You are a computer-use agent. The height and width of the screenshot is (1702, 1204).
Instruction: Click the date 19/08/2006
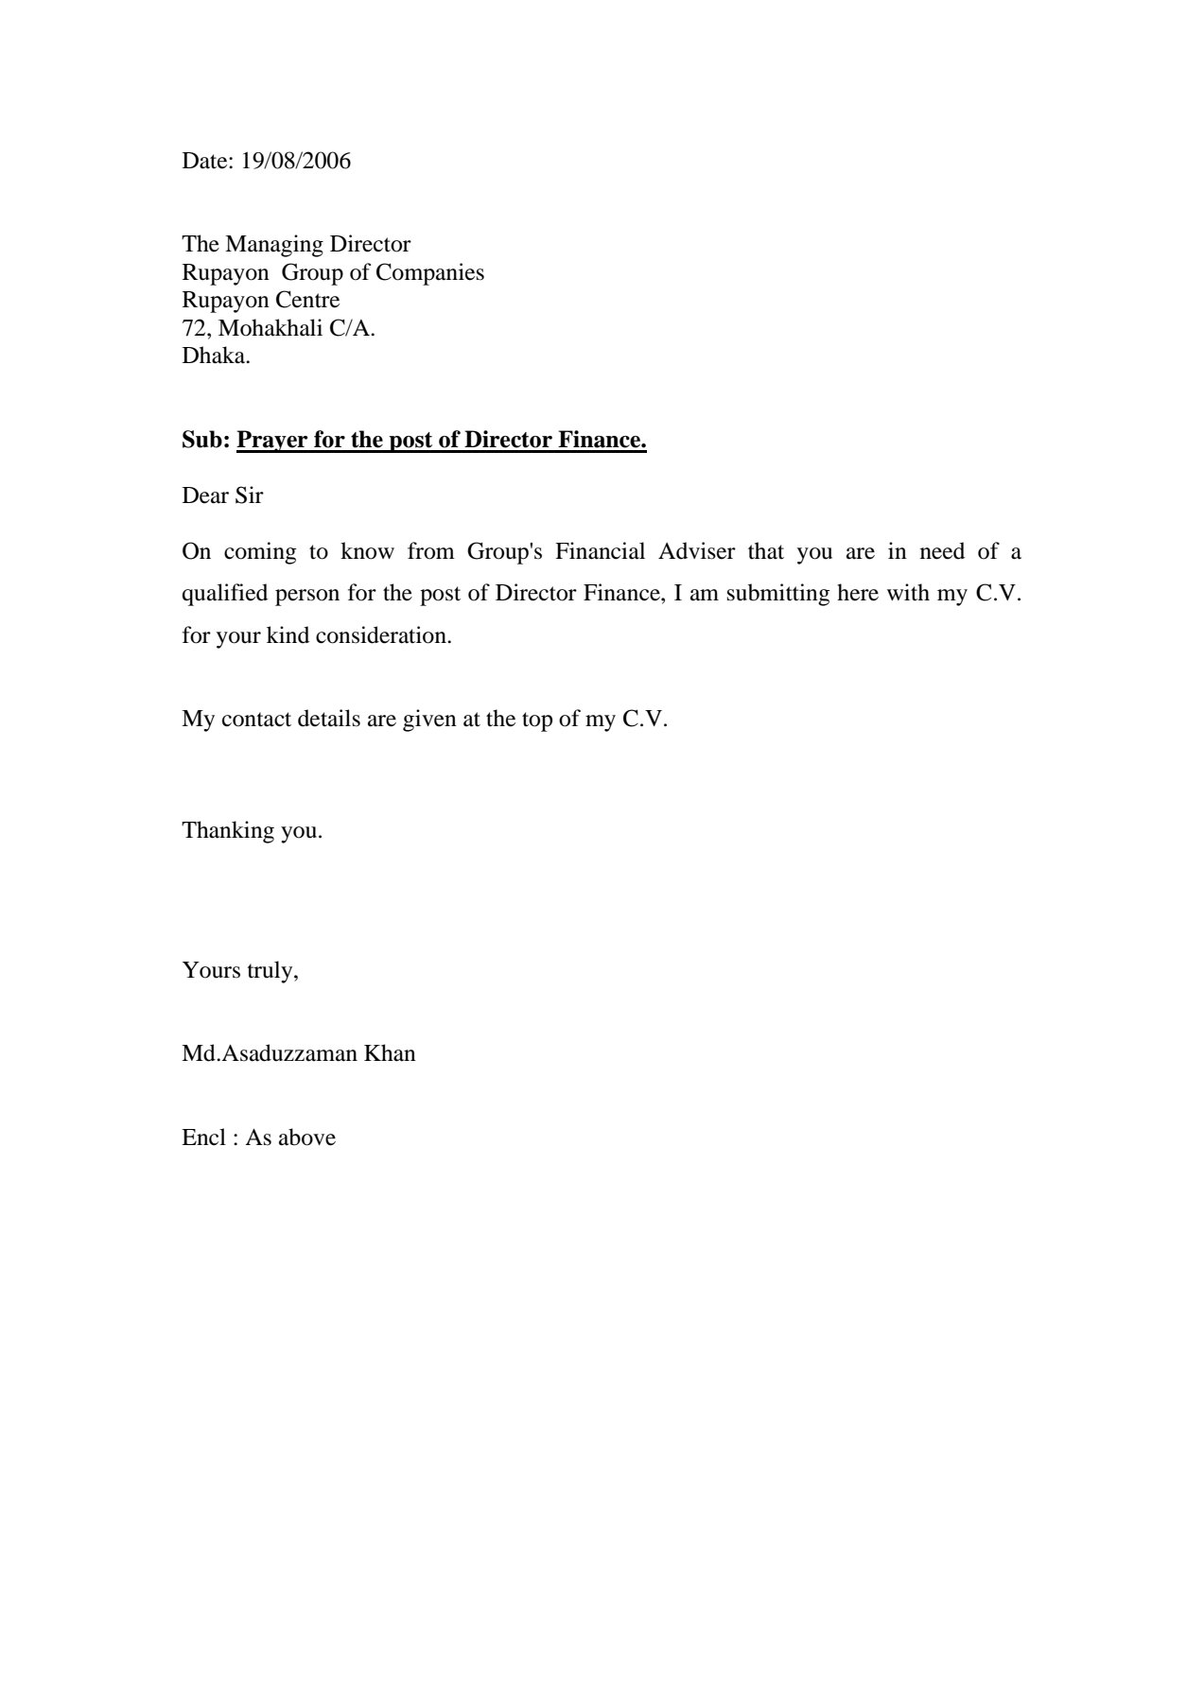coord(295,162)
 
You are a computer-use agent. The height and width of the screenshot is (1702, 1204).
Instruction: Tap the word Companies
coord(429,273)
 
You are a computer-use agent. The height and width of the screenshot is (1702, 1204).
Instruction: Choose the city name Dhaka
coord(215,356)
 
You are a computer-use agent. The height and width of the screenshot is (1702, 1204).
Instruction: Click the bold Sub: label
coord(205,441)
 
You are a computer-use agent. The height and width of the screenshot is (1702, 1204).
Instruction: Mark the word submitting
coord(778,594)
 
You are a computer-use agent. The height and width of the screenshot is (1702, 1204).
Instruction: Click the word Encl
coord(203,1138)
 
